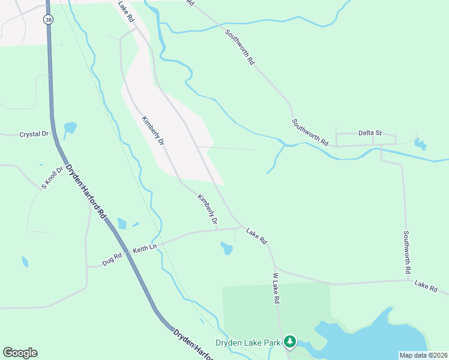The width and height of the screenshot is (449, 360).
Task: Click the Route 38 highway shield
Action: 47,19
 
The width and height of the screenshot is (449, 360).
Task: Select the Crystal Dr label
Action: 34,134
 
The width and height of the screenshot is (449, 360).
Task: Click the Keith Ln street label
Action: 144,247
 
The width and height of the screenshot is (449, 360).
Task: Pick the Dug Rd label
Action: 112,259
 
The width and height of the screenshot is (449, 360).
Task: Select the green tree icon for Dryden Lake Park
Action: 291,341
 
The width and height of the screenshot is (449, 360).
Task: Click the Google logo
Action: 20,353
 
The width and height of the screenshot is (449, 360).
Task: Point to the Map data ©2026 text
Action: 423,355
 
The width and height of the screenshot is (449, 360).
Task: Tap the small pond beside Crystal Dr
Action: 70,128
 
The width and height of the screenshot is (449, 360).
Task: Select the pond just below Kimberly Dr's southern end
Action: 226,248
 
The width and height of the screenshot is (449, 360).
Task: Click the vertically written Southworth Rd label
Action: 406,253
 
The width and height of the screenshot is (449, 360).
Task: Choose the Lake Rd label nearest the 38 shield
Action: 126,12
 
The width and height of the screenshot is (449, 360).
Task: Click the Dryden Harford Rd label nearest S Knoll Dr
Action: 85,190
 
